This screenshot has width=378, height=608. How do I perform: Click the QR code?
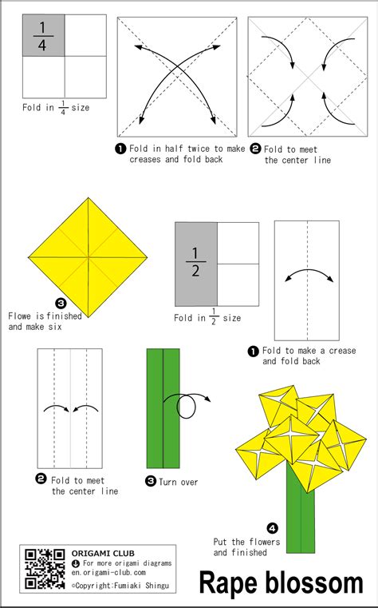[45, 569]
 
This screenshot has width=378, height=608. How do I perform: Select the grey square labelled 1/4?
[43, 35]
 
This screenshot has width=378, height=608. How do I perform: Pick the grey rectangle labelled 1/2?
[195, 264]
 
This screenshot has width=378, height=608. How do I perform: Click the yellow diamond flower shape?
[88, 257]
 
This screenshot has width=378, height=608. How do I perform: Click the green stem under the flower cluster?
[301, 515]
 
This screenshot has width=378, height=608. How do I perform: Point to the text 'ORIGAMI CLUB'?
[103, 554]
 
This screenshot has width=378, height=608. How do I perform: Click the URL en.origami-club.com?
[108, 572]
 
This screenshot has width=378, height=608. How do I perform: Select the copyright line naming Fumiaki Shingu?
[120, 585]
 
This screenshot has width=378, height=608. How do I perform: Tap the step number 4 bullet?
[273, 528]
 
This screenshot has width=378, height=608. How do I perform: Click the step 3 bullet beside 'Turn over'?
[151, 482]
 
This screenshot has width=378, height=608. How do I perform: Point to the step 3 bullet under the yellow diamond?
[61, 304]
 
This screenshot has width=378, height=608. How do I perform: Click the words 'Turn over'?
[179, 482]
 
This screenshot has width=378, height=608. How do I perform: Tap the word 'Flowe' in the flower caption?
[19, 316]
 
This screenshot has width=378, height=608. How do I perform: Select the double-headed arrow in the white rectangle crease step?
[309, 276]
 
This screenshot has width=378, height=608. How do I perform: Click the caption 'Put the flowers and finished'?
[247, 546]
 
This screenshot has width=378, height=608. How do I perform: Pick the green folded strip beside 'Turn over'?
[163, 408]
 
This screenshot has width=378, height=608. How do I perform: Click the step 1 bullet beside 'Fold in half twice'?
[120, 149]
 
